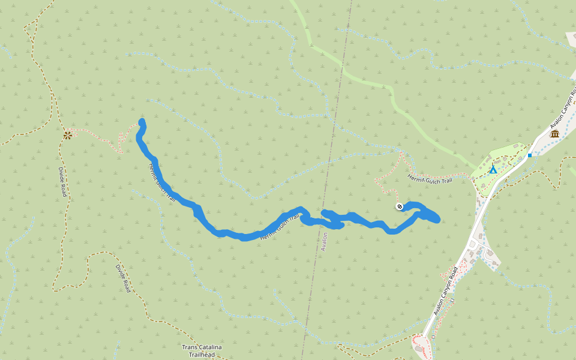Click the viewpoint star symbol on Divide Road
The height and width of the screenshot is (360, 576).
point(67,135)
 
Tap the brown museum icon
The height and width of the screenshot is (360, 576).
point(554,133)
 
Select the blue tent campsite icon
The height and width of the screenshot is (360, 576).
point(493,170)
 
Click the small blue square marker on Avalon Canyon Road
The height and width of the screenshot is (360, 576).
point(530,155)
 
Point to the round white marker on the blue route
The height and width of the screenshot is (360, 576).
point(400,206)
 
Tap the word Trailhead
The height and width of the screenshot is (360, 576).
point(198,355)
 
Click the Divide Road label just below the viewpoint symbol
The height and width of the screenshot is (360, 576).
point(62,182)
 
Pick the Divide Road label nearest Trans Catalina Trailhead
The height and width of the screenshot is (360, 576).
point(122,278)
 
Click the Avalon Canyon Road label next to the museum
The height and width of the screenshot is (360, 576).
point(565,108)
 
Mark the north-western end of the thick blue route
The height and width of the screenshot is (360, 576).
point(142,122)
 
